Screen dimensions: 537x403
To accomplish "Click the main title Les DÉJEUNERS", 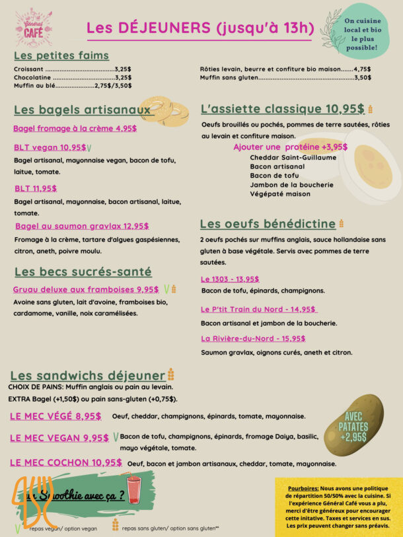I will coord(200,28).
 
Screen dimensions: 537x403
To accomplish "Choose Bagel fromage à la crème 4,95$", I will coord(75,129).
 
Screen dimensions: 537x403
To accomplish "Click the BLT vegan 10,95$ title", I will coord(50,147).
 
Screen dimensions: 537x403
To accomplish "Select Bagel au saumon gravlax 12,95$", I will coord(82,226).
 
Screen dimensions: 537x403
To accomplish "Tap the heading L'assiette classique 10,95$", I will coord(283,109).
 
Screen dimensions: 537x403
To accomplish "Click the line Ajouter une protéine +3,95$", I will coord(290,147).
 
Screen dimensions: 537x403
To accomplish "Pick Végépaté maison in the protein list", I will coord(280,194).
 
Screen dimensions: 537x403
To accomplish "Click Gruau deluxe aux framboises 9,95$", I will coord(86,289).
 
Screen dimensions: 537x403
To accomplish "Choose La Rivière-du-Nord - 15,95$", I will coord(253,338).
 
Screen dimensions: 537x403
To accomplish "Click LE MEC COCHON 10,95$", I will coord(66,462).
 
